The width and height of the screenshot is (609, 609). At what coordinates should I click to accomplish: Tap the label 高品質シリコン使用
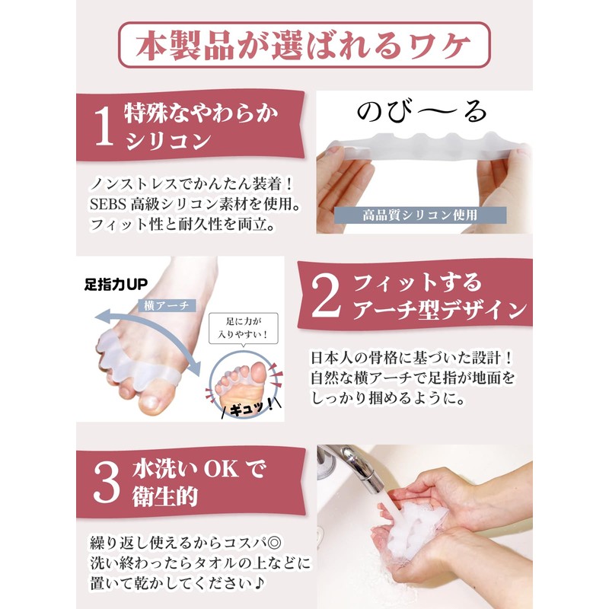pyautogui.click(x=420, y=215)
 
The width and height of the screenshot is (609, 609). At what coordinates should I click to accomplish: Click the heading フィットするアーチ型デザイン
pyautogui.click(x=439, y=298)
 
